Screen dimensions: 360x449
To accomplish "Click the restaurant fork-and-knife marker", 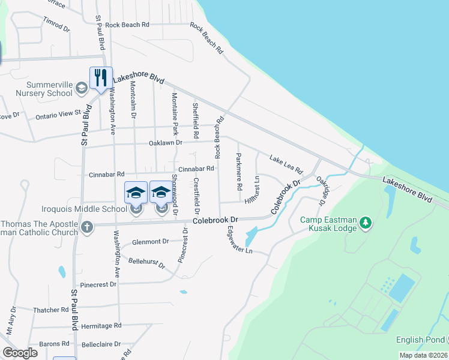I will [99, 77].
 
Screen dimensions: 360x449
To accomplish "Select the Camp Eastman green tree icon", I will [366, 224].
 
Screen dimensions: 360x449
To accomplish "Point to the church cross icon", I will [87, 227].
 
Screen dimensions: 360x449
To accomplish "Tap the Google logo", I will [20, 353].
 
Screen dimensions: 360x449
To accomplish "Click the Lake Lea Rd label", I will [286, 163].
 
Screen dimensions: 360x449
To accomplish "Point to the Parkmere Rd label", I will [239, 170].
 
